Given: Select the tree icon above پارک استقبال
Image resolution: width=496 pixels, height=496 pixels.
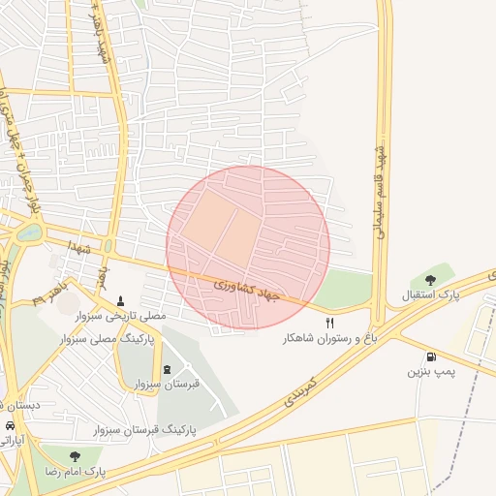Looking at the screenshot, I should point(430,280).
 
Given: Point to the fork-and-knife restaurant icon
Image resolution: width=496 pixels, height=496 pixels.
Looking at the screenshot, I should point(329,324).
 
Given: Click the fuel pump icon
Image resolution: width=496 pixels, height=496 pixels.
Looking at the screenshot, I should point(430,356).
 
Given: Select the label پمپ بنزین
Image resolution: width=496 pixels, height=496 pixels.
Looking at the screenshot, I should point(430,371).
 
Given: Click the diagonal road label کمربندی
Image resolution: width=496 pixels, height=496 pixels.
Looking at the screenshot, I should point(301,387).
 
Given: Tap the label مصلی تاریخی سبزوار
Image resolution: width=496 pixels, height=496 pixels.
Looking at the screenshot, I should point(120,316).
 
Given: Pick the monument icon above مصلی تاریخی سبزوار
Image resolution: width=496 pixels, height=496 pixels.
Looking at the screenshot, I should point(120,300).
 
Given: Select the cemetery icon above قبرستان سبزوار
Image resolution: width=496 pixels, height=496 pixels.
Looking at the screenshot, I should point(168,369).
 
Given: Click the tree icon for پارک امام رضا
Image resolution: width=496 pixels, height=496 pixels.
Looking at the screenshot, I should point(75,456).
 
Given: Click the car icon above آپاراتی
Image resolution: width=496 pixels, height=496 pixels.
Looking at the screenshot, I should point(10,425).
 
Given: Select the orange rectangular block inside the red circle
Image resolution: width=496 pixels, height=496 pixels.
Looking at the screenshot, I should point(223,224).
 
